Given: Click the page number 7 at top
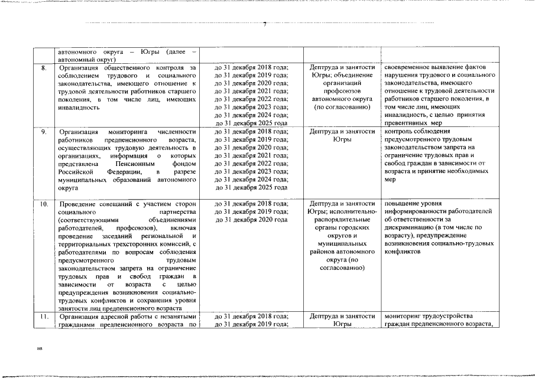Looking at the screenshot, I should pos(265,24).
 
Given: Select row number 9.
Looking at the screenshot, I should pos(43,131).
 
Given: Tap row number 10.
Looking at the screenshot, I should pos(43,204).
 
